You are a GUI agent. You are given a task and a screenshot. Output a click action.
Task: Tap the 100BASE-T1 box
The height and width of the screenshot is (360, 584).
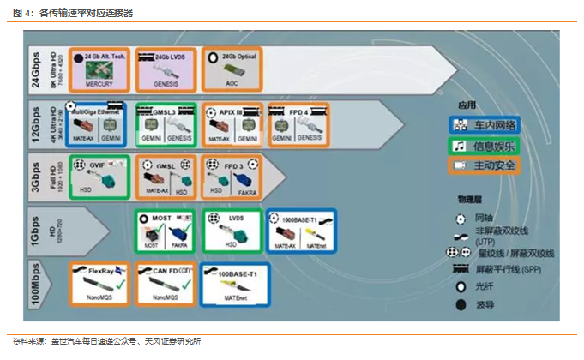232,284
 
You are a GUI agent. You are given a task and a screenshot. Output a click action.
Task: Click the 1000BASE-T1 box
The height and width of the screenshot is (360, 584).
301,231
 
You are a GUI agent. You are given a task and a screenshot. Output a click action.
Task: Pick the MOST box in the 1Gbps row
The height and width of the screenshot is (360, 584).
164,231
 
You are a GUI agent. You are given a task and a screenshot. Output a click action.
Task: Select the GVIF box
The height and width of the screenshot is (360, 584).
99,177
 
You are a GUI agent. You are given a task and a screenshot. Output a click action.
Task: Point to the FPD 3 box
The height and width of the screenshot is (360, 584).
232,177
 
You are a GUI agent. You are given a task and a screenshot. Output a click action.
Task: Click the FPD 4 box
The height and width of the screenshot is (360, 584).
298,124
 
